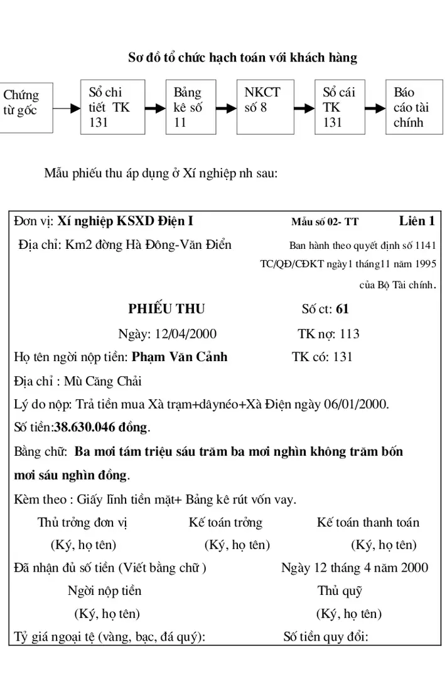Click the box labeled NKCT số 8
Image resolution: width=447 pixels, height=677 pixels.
(266, 107)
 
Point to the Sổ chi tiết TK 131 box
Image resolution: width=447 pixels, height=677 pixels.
(112, 107)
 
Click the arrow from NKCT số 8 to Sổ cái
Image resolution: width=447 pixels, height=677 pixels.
(305, 108)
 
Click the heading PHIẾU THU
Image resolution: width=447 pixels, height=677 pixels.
(166, 309)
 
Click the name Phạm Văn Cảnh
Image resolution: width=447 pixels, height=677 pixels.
(180, 357)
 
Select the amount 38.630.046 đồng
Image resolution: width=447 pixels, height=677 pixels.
(102, 428)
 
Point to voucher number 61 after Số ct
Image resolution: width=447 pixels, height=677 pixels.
(342, 309)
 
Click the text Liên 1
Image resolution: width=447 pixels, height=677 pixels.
(417, 221)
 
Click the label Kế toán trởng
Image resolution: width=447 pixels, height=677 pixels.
(225, 522)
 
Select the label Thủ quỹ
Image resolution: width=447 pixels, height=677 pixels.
(340, 590)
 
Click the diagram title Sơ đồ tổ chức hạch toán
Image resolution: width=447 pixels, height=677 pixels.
(243, 58)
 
